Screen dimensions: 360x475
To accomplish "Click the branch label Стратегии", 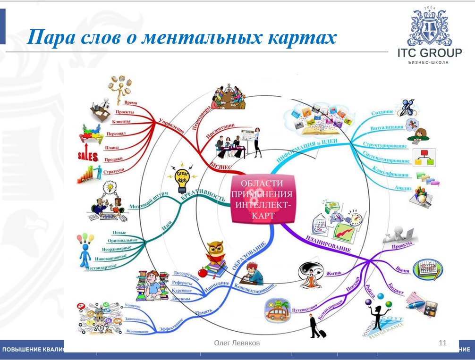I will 113,171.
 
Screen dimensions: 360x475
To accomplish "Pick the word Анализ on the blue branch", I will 404,188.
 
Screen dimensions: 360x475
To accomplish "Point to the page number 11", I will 442,343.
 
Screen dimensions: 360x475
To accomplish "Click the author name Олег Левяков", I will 237,343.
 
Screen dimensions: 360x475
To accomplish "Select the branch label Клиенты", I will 121,122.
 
